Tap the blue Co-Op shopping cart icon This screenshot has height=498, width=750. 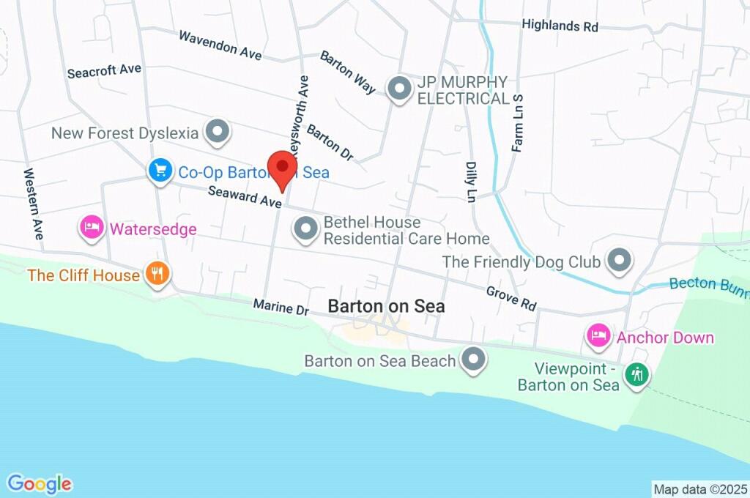(158, 171)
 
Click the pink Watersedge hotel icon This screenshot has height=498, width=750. (91, 228)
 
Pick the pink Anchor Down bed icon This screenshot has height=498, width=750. (598, 336)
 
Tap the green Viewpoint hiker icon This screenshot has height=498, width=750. (636, 374)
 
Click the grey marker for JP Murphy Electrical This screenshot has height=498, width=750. (399, 89)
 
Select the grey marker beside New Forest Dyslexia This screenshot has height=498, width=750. (217, 132)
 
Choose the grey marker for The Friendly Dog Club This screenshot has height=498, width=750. (620, 260)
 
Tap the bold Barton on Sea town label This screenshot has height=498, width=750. (386, 306)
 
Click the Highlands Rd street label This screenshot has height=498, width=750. (560, 26)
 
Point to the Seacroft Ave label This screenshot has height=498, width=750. (103, 71)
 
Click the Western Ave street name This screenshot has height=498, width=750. (34, 204)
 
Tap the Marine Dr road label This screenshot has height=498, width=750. (282, 308)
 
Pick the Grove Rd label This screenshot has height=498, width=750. (512, 297)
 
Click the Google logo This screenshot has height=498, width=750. (40, 483)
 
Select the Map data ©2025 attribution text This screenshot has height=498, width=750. (699, 488)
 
